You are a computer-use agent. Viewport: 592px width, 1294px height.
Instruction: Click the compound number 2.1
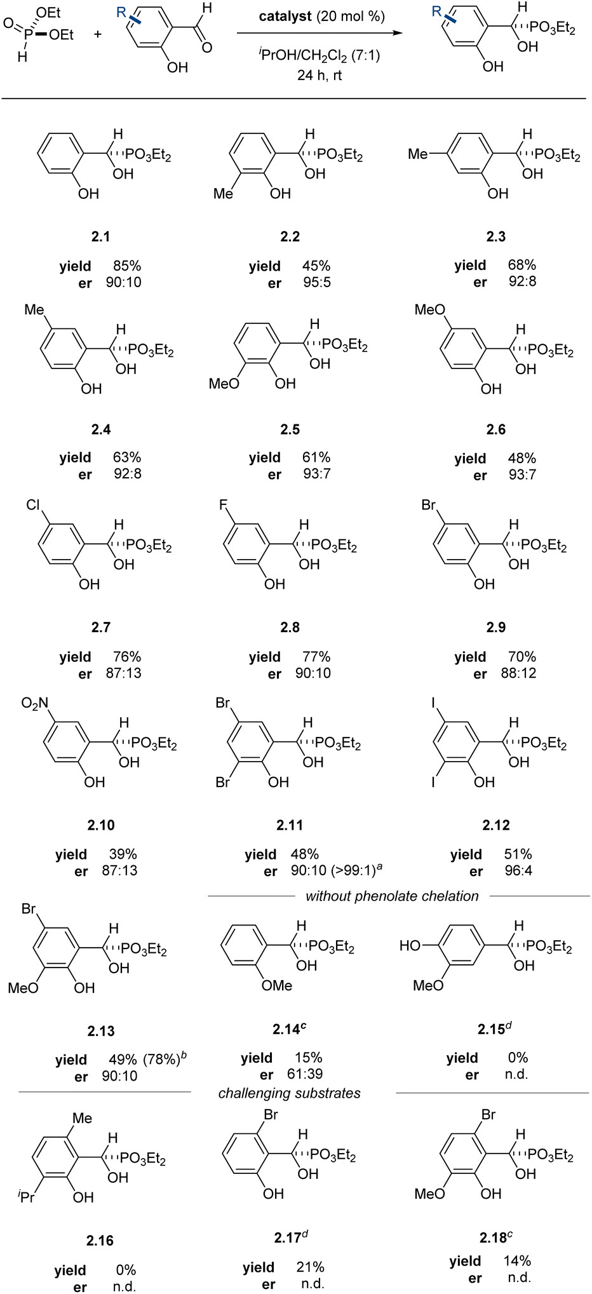[100, 237]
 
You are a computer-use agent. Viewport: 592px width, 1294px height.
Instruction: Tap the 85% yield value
[127, 266]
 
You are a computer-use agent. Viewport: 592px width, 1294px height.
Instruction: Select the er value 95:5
[316, 283]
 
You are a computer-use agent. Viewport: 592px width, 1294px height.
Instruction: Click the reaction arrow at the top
[320, 32]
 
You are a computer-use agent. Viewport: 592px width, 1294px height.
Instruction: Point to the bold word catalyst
[285, 17]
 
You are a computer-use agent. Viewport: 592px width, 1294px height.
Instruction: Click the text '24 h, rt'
[320, 75]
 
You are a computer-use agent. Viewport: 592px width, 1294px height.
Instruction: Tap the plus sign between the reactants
[97, 34]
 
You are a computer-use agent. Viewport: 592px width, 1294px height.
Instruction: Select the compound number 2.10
[101, 825]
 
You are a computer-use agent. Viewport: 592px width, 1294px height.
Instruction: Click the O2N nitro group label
[35, 703]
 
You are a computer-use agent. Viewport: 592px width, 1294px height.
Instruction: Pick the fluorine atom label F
[223, 505]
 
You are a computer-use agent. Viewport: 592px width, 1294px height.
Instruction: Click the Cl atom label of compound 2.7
[33, 505]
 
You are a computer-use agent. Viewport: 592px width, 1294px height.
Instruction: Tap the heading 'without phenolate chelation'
[392, 896]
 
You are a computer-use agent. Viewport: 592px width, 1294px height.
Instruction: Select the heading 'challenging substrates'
[289, 1093]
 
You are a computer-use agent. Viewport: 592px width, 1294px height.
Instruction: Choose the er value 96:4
[518, 871]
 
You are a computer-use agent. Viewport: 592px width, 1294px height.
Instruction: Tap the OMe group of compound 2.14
[277, 985]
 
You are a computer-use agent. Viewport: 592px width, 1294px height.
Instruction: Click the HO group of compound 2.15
[410, 946]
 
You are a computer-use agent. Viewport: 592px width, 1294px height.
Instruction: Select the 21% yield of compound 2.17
[310, 1267]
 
